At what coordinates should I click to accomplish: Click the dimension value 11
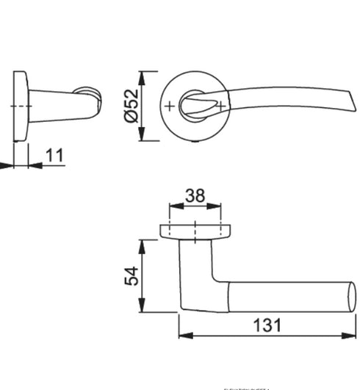(x=54, y=155)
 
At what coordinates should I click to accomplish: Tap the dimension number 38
(x=195, y=196)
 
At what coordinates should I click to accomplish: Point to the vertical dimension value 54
(x=132, y=276)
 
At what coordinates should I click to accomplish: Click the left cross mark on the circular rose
(x=170, y=106)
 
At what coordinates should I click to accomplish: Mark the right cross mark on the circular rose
(x=219, y=106)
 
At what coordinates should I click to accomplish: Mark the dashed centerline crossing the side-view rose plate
(x=18, y=106)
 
